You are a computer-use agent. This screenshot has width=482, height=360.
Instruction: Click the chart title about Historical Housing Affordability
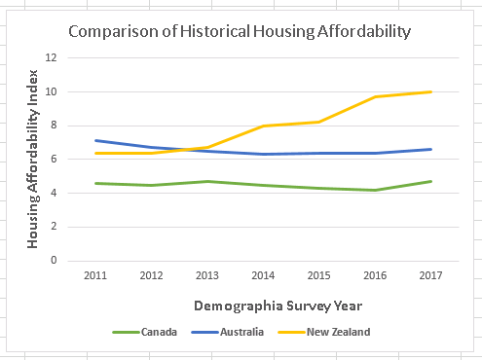coord(239,31)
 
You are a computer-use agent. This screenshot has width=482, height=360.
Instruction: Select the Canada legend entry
coord(158,332)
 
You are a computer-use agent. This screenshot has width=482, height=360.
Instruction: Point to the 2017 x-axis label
coord(430,275)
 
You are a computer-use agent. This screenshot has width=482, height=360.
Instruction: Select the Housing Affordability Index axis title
coord(33,159)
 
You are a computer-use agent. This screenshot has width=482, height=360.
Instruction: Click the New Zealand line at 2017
coord(430,91)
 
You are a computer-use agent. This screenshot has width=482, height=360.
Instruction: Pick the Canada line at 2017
coord(430,181)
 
